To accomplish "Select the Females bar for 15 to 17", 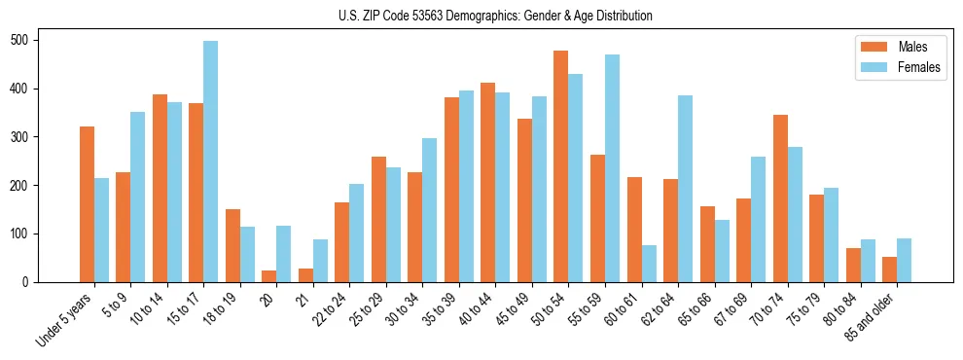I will (211, 162).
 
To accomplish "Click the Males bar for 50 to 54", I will (561, 166).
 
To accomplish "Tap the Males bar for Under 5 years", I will (88, 204).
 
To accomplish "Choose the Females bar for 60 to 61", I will (649, 264).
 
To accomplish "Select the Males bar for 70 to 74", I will (780, 198).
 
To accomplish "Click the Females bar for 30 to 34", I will (430, 210).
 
